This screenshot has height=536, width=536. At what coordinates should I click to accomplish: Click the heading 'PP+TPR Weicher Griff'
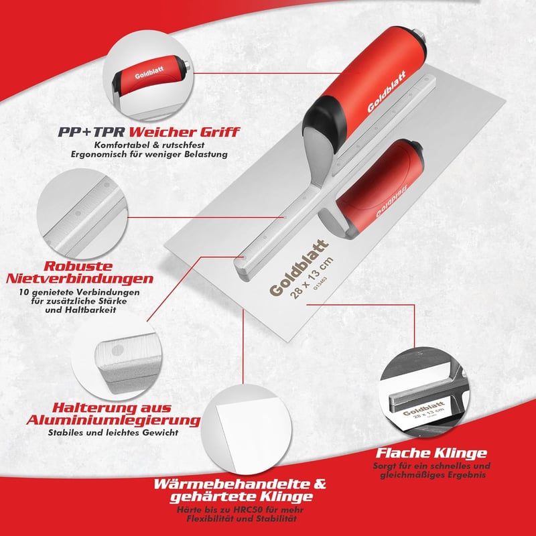point(149,132)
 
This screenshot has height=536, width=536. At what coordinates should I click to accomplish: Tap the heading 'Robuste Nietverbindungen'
point(80,273)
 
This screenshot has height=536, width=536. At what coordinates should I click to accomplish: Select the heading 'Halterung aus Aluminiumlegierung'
point(113,414)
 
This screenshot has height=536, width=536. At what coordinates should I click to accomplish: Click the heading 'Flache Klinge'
point(431,454)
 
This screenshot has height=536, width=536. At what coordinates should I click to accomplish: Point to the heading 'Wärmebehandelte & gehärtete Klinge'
point(240,490)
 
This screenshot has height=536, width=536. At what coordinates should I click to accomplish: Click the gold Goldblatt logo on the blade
point(298,267)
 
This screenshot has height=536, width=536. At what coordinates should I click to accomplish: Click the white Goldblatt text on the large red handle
point(387,92)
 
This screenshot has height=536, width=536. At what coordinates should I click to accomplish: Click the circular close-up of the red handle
point(148,76)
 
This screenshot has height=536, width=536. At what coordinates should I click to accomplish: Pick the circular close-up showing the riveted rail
point(82,214)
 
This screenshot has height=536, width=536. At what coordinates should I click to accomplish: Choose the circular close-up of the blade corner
point(247,429)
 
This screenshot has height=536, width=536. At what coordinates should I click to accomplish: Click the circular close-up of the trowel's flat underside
point(424,391)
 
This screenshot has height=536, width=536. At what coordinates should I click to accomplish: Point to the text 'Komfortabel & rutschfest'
point(149,145)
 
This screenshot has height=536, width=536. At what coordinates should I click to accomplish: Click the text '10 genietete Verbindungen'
point(79,292)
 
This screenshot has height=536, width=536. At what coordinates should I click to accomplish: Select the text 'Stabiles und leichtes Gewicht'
point(113,432)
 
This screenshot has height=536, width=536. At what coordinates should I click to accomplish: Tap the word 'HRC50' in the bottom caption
point(248,510)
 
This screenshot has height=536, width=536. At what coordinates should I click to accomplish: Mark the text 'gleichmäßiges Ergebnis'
point(433,475)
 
